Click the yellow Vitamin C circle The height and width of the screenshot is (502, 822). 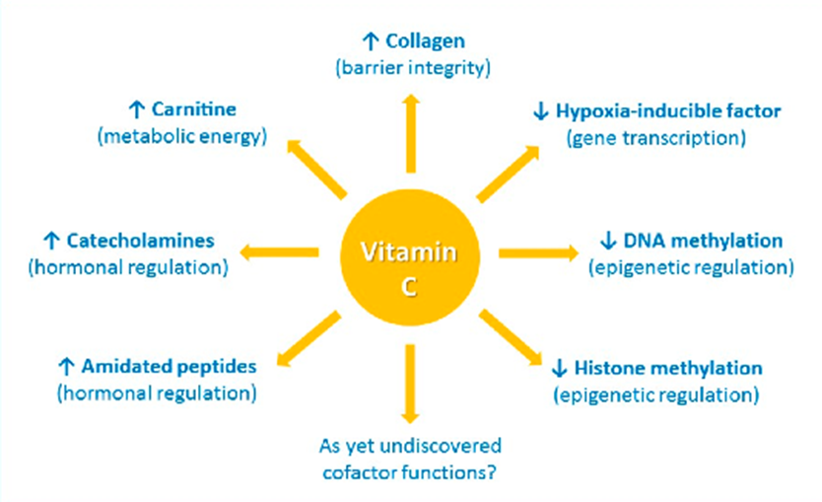click(410, 257)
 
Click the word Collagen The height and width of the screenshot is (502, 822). click(425, 40)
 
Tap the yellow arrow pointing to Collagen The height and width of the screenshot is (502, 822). click(412, 133)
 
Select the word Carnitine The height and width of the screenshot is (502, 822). click(194, 109)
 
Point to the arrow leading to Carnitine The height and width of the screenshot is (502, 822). click(316, 169)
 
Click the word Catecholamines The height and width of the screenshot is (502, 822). click(141, 241)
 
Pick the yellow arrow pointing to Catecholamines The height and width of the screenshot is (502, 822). click(279, 252)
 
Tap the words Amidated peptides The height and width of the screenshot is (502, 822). click(169, 366)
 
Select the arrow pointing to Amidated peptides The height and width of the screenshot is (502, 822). click(308, 338)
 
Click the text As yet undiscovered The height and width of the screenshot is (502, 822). click(410, 446)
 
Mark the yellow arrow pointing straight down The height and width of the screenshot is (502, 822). click(410, 384)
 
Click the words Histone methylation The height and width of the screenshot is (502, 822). click(668, 368)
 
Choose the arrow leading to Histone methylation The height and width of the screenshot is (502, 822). click(511, 337)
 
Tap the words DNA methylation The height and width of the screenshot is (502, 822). click(703, 241)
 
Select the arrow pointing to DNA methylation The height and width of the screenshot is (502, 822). click(538, 252)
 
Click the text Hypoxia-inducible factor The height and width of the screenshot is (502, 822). click(668, 111)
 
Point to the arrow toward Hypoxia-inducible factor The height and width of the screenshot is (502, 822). click(508, 174)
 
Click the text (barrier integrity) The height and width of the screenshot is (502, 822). click(413, 68)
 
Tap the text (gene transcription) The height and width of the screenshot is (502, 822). click(656, 138)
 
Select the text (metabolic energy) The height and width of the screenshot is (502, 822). click(182, 136)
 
